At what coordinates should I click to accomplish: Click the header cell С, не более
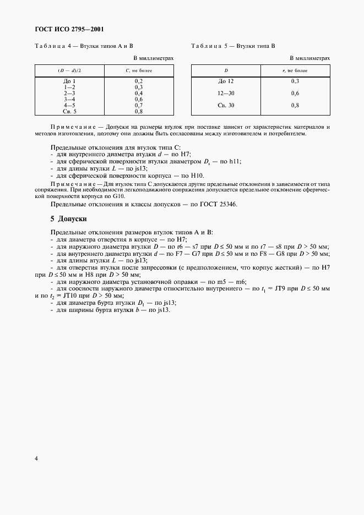(139, 71)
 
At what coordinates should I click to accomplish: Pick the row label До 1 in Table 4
(69, 81)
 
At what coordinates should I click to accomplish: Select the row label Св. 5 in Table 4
(69, 111)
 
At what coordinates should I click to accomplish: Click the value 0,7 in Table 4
(139, 105)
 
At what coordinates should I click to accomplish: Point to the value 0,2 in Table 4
(139, 81)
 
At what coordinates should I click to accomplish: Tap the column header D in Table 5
(226, 71)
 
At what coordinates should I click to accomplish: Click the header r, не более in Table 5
(295, 71)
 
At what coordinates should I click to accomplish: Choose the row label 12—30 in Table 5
(226, 93)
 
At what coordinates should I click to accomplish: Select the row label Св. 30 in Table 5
(226, 105)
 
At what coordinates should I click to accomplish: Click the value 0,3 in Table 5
(295, 81)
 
